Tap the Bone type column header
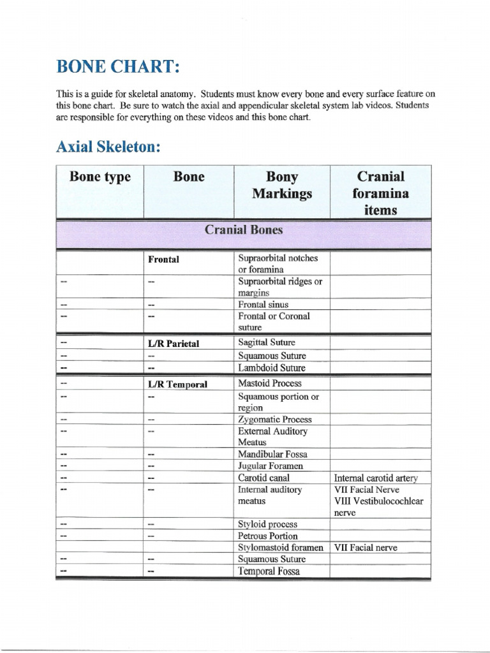point(100,177)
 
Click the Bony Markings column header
point(281,185)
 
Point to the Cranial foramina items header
point(381,192)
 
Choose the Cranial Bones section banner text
point(243,230)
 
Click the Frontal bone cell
point(164,260)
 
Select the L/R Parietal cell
point(174,343)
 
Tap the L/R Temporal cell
point(177,385)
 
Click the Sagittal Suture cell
point(266,342)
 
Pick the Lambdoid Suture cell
point(271,368)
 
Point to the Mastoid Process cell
point(269,384)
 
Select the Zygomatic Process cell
point(274,420)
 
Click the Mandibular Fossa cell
point(272,455)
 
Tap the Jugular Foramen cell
point(271,466)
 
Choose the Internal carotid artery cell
point(379,478)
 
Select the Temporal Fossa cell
point(268,571)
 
